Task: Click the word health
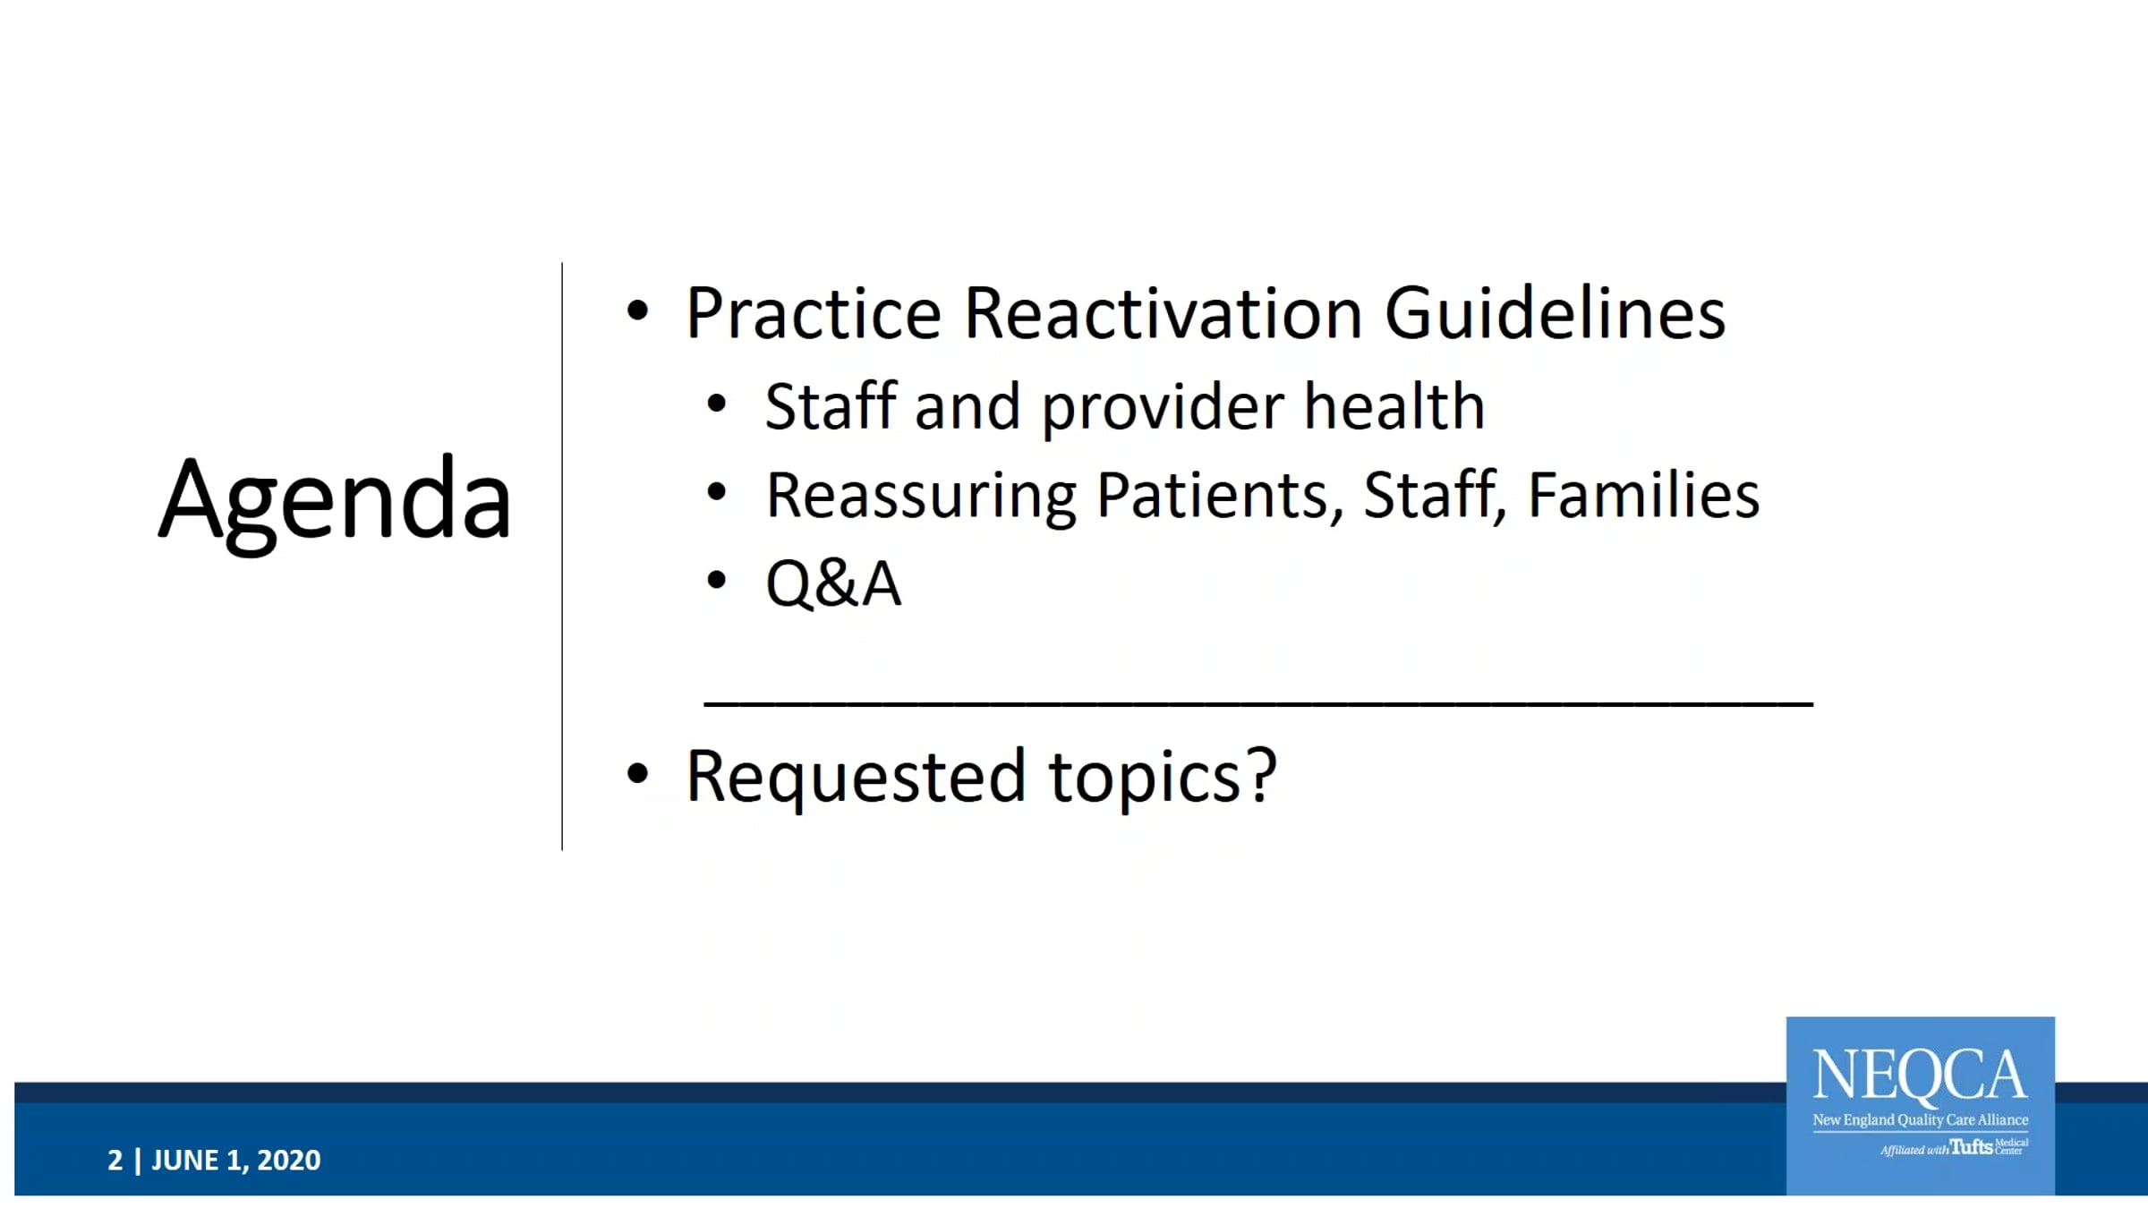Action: tap(1394, 406)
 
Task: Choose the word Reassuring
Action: tap(921, 498)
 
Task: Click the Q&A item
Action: tap(833, 584)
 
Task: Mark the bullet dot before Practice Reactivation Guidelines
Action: tap(637, 311)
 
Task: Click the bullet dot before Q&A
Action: tap(716, 580)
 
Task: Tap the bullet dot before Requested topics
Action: tap(637, 773)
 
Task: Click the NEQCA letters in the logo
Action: tap(1920, 1075)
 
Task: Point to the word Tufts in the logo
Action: tap(1971, 1146)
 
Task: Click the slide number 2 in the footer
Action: tap(115, 1160)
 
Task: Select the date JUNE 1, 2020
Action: tap(235, 1161)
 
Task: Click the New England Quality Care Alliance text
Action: tap(1921, 1120)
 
